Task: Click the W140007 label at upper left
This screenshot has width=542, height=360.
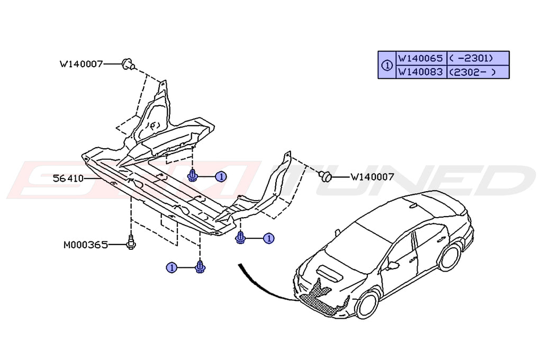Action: [x=81, y=65]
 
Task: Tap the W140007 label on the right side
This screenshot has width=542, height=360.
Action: [x=372, y=177]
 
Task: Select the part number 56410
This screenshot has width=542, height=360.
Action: [x=68, y=179]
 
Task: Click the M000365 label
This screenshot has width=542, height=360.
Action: [x=85, y=245]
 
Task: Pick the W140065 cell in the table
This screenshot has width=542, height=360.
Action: [x=421, y=58]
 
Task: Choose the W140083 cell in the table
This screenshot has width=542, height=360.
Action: [x=421, y=71]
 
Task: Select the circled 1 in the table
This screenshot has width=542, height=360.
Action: [x=386, y=65]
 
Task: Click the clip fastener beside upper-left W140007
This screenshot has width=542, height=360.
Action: [x=127, y=64]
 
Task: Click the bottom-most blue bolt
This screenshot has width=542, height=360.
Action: [x=200, y=268]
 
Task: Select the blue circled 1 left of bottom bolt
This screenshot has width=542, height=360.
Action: [x=171, y=268]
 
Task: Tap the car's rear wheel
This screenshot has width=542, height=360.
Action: [x=449, y=256]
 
